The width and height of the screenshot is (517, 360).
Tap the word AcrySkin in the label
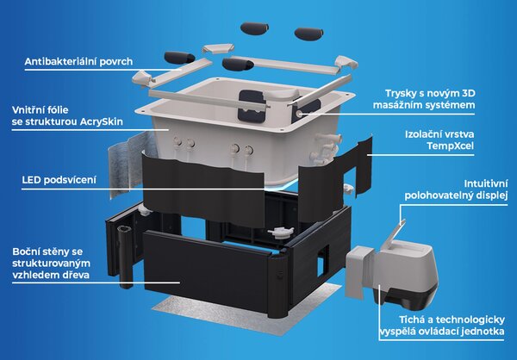pos(101,121)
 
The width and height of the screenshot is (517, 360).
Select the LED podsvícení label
pos(59,180)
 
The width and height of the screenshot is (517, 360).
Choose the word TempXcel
pos(450,146)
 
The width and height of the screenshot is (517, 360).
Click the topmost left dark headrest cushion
pos(254,28)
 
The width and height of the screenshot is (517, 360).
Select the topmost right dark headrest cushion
pos(309,33)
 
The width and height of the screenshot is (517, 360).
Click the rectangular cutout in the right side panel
pos(323,260)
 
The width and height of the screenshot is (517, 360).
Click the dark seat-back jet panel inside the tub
pos(252,106)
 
